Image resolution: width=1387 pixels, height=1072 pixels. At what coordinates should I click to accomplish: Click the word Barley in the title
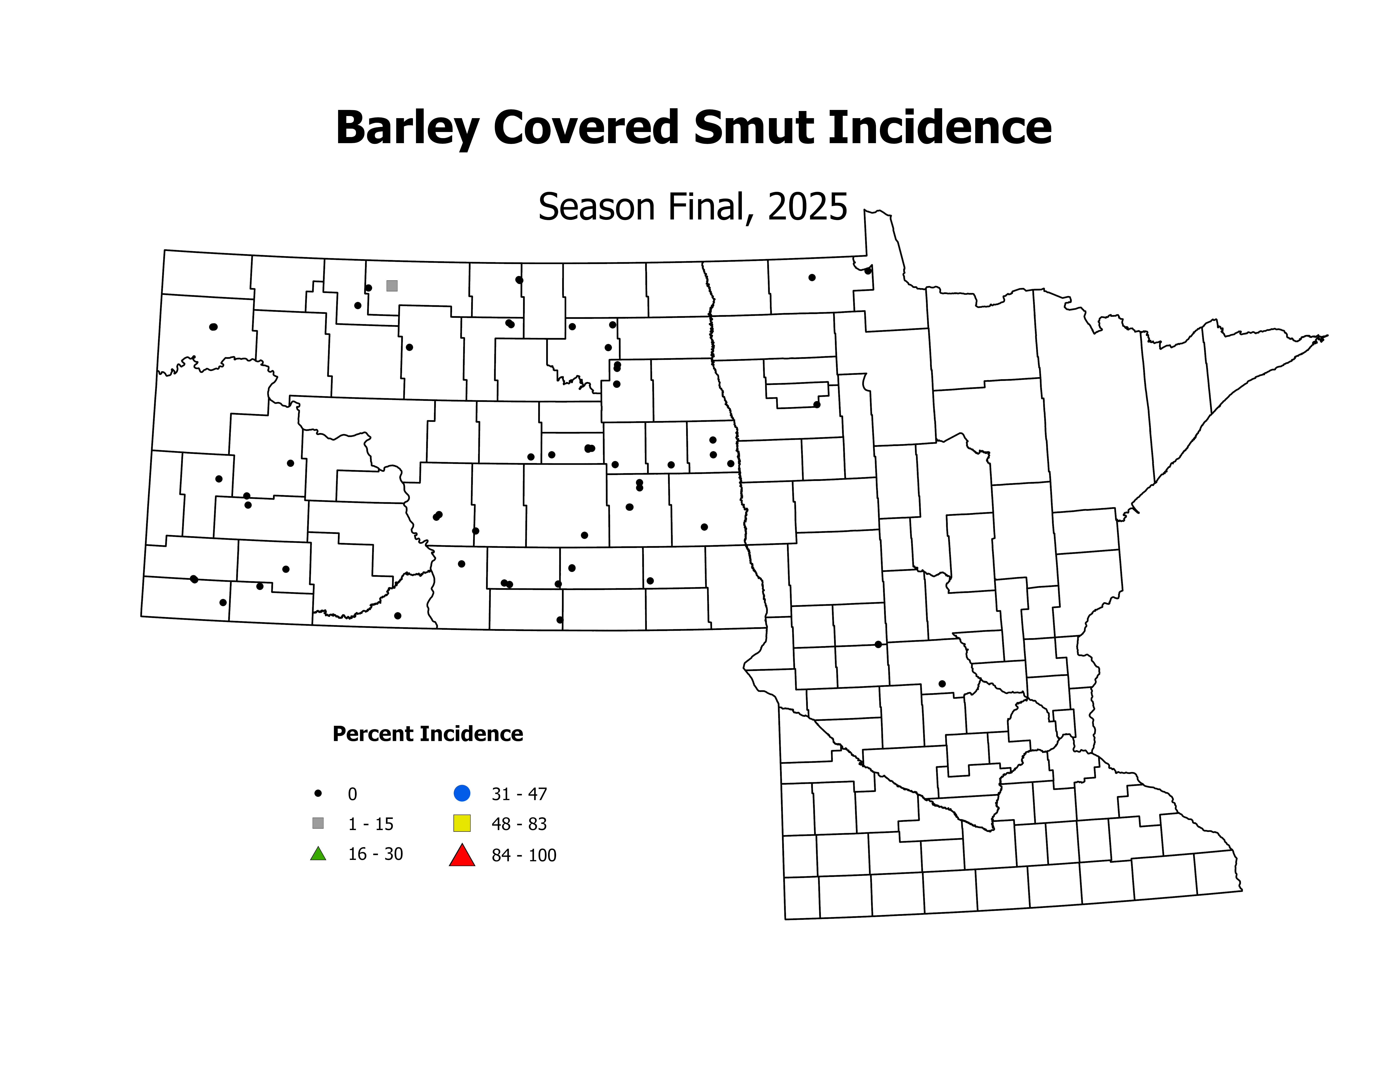tap(406, 128)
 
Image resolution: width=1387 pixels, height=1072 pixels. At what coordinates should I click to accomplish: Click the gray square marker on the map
tap(392, 286)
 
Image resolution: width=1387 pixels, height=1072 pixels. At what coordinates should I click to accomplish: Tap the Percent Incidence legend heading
tap(427, 734)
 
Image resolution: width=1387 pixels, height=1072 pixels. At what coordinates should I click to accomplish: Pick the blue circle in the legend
tap(462, 793)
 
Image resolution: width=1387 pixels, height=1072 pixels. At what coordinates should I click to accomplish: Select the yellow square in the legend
tap(462, 823)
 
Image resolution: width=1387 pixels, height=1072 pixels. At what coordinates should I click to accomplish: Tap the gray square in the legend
tap(318, 823)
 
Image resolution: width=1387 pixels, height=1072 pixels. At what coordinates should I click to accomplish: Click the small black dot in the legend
tap(318, 793)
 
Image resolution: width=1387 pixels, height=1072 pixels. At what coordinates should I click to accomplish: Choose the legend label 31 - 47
tap(519, 794)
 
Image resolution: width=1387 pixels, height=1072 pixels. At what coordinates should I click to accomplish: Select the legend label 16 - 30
tap(375, 854)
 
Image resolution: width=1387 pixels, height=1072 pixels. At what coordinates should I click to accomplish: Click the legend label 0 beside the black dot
tap(352, 794)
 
